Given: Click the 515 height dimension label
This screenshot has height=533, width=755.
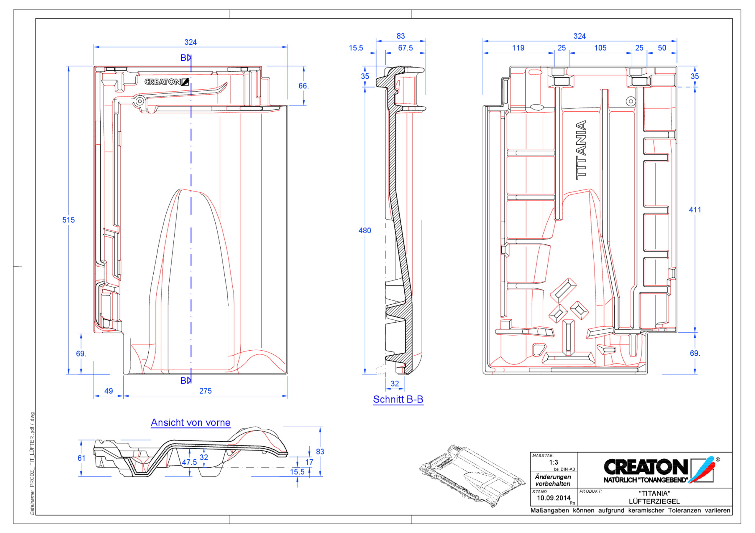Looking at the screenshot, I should (68, 220).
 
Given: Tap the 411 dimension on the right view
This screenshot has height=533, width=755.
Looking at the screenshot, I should (695, 210).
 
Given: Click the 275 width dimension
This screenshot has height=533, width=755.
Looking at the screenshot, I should (205, 391).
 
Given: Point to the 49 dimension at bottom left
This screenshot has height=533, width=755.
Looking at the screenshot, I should (109, 391).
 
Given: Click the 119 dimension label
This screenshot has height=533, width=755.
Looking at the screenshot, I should (518, 48).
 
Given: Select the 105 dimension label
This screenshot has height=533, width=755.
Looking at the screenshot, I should (600, 48).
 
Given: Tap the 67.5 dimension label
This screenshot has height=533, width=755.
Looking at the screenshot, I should (405, 48).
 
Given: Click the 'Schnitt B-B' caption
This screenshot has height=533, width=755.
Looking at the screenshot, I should (398, 399).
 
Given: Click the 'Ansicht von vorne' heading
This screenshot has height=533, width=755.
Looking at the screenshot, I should (191, 423).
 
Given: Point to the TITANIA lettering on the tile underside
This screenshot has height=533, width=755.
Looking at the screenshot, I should (581, 150).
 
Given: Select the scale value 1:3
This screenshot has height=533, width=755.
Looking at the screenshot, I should (554, 462).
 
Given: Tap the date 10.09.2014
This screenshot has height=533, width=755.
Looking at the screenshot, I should (554, 498).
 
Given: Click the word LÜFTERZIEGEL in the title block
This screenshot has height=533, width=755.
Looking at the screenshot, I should (654, 501).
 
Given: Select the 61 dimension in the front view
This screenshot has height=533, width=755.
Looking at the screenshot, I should (81, 458).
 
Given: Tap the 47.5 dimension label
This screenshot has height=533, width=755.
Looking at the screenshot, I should (189, 462).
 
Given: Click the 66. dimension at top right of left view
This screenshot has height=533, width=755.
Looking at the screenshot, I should (303, 86).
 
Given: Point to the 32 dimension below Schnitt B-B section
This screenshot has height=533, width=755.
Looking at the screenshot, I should (395, 384).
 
